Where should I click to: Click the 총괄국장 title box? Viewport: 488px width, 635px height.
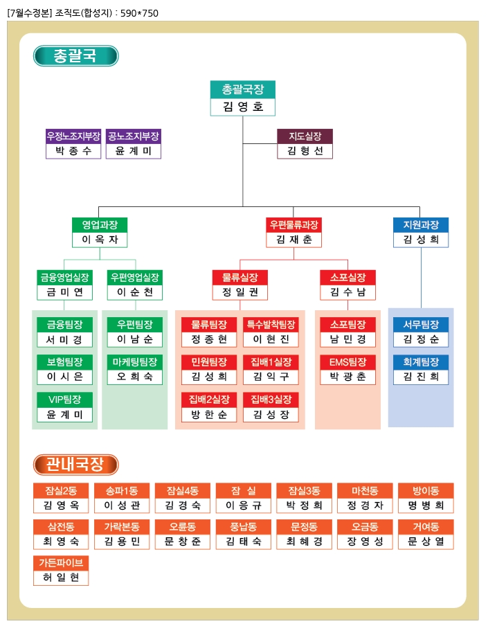tap(242, 89)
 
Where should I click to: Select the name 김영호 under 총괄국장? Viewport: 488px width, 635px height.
tap(242, 107)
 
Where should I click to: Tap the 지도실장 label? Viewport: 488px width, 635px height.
tap(305, 136)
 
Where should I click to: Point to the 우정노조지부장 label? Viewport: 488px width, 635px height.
tap(73, 136)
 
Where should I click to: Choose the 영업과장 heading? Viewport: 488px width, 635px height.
tap(100, 225)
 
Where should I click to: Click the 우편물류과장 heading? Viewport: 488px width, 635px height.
tap(294, 225)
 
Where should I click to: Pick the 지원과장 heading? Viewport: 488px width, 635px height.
tap(421, 225)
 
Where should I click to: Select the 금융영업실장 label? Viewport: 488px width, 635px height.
tap(65, 278)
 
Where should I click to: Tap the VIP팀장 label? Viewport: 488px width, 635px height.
tap(65, 400)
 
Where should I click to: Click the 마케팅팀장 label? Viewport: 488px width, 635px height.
tap(135, 361)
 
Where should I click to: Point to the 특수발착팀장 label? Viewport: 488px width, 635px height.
tap(271, 324)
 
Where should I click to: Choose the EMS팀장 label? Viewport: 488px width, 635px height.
tap(348, 361)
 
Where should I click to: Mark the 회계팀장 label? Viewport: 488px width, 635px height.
tap(421, 361)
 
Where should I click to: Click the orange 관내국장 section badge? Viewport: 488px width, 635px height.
tap(75, 465)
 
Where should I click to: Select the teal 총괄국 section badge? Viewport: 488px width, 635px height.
tap(75, 56)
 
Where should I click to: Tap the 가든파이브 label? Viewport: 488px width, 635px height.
tap(61, 562)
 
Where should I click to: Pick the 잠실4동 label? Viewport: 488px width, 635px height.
tap(183, 490)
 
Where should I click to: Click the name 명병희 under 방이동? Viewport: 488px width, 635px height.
tap(426, 506)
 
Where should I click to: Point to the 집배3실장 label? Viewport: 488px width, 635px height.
tap(271, 400)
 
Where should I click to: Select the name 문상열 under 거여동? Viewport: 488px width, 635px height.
tap(426, 542)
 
